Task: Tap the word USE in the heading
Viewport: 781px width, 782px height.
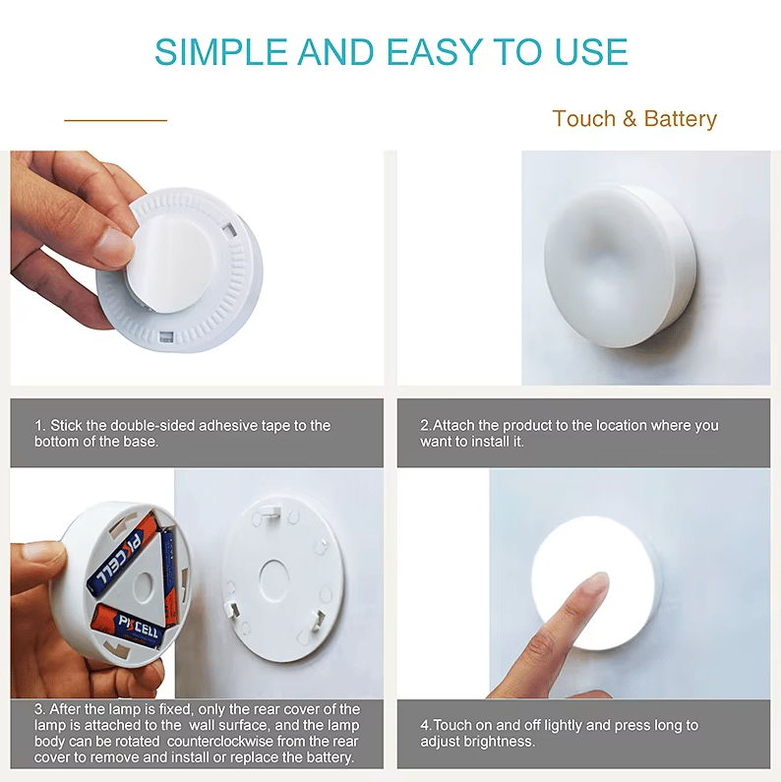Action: [588, 51]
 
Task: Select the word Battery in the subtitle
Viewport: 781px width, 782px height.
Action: [680, 119]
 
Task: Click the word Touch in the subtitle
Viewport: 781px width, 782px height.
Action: [583, 119]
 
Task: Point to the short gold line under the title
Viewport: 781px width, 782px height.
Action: [115, 121]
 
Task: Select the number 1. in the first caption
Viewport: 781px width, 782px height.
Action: [40, 426]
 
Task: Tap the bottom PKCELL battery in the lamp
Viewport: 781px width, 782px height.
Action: [128, 626]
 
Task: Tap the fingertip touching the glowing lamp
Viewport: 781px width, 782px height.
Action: [591, 589]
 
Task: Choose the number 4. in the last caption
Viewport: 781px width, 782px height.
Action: [426, 725]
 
